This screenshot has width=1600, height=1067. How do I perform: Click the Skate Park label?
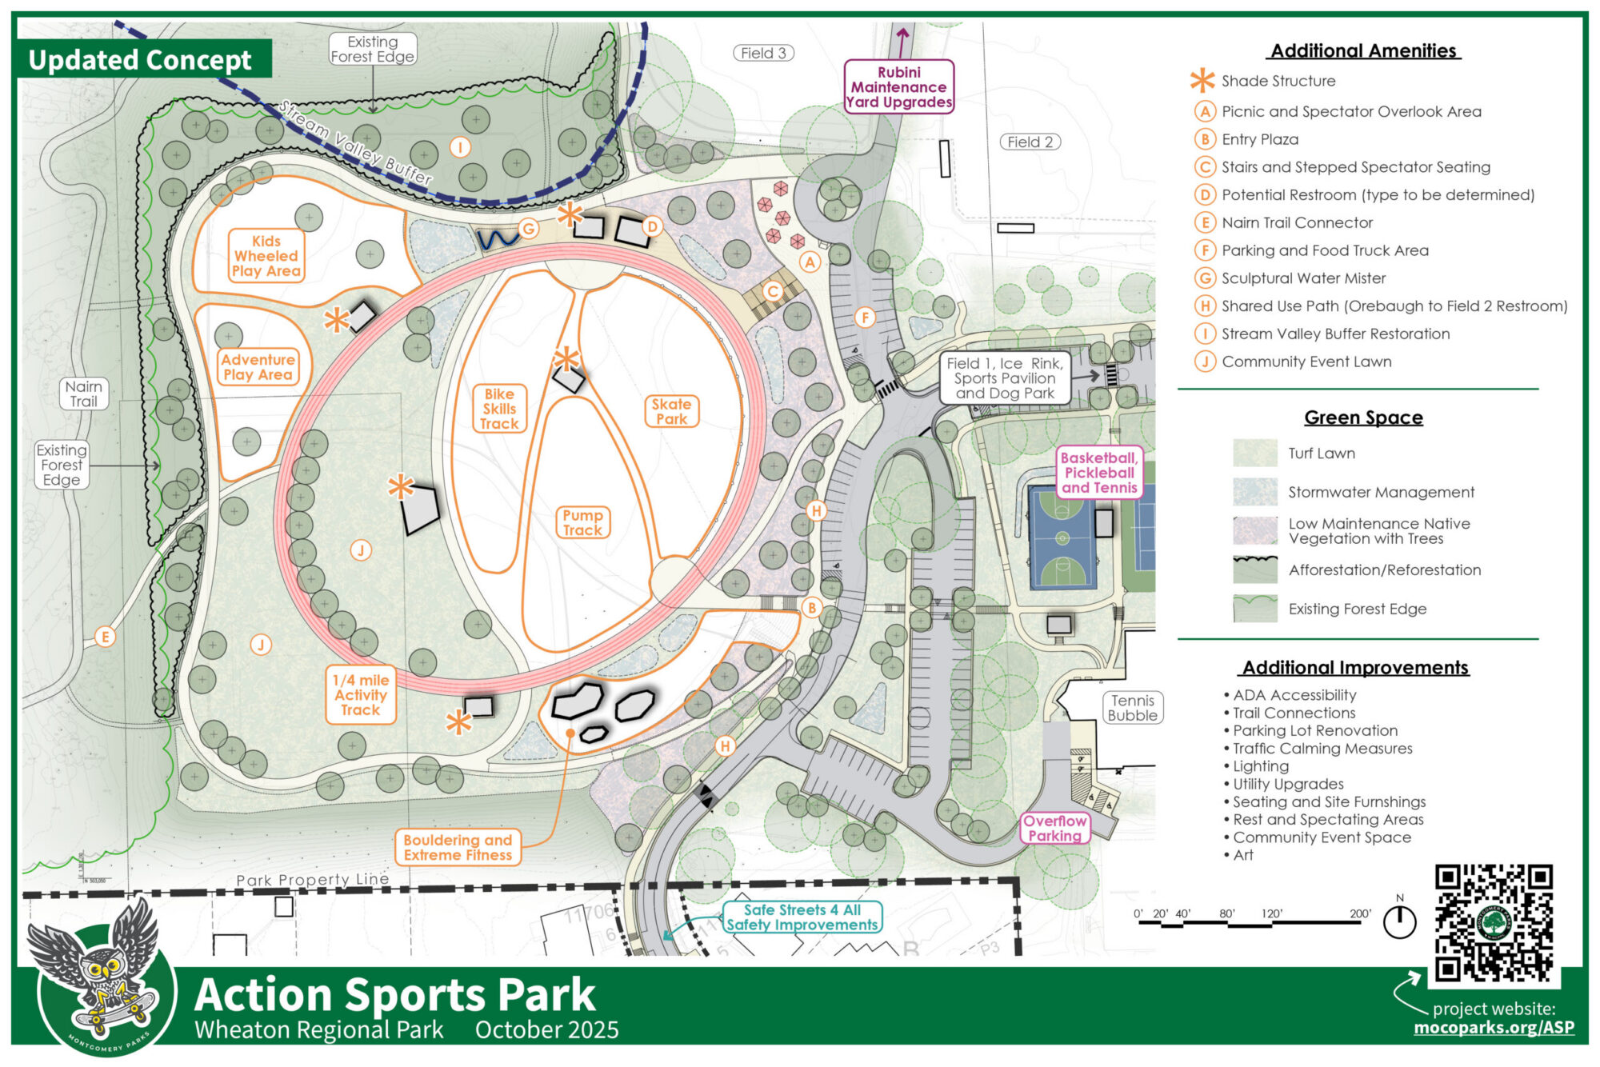tap(671, 411)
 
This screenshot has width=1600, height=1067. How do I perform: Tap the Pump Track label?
tap(582, 522)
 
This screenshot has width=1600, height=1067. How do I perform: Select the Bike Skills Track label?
tap(499, 409)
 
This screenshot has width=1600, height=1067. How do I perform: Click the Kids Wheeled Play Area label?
tap(266, 256)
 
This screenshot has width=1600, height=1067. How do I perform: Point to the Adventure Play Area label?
tap(258, 367)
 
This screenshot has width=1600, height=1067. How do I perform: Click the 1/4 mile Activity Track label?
tap(361, 694)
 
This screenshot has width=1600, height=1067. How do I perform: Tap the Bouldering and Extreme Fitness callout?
tap(458, 848)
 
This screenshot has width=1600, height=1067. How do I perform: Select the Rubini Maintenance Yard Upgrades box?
tap(899, 86)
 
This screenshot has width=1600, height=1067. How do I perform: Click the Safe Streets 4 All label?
tap(802, 917)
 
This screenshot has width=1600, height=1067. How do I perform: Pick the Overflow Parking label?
tap(1054, 828)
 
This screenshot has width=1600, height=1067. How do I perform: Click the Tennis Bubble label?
tap(1132, 708)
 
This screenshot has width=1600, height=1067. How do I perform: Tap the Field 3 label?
tap(763, 54)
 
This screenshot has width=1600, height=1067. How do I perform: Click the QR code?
tap(1494, 922)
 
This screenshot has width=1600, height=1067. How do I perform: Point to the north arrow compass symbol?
tap(1399, 921)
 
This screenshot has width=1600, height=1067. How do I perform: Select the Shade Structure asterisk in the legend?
tap(1202, 81)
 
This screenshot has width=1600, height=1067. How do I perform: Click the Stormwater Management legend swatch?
tap(1254, 492)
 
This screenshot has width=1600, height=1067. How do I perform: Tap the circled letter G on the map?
tap(529, 229)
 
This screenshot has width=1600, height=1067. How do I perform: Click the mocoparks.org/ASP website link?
tap(1494, 1028)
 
